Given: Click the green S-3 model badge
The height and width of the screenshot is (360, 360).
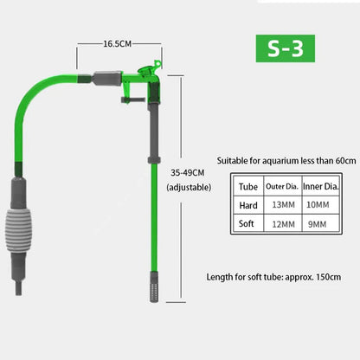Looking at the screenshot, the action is coord(286,48).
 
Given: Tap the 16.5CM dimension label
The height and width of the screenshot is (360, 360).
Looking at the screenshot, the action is coord(118,44).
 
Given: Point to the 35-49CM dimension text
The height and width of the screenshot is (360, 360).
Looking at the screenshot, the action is coord(188,173).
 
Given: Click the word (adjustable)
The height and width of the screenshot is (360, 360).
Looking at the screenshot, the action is coord(189,187).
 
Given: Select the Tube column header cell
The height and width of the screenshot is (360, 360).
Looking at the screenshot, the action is coord(247,187).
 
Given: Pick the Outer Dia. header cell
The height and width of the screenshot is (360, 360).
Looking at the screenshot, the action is coord(282,186).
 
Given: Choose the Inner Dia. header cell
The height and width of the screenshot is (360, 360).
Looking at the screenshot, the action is coord(321,186).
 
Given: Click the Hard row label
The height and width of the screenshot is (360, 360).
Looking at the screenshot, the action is coord(248,205).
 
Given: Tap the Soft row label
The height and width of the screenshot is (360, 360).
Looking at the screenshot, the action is coord(247,223).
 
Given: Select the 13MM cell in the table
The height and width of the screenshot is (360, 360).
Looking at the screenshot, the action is coord(284,205).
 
